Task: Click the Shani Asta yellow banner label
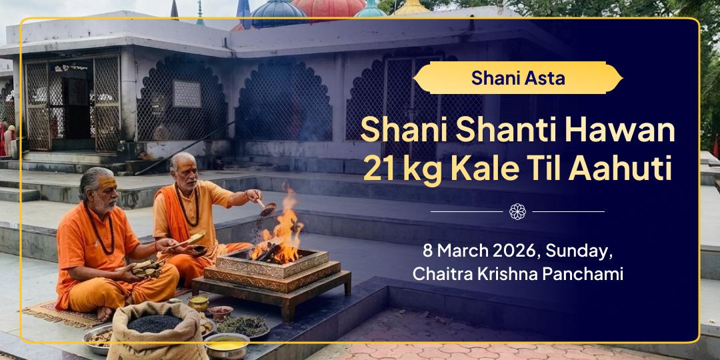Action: (x=517, y=78)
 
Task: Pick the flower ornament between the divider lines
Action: (x=517, y=211)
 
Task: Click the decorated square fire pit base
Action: (x=271, y=270)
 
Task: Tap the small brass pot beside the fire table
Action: (x=198, y=304)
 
